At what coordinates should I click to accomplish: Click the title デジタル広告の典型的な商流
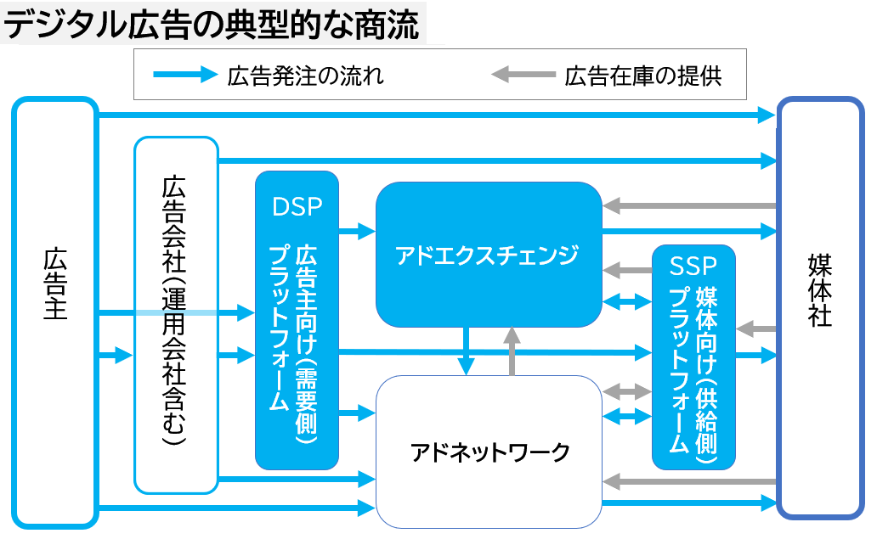click(x=212, y=25)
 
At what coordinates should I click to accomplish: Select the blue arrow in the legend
click(x=184, y=76)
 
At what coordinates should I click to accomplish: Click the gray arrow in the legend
click(x=522, y=76)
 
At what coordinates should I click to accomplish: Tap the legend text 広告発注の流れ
click(x=305, y=76)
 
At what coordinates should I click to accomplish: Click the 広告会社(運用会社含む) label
click(x=175, y=310)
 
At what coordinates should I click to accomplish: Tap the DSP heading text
click(x=297, y=206)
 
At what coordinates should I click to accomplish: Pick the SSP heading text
click(x=693, y=266)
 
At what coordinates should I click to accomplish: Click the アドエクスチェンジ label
click(x=488, y=255)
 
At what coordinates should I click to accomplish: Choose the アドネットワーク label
click(x=489, y=452)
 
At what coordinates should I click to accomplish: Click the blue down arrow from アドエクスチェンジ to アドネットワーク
click(x=466, y=350)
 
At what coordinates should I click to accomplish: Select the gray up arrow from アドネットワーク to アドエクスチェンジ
click(x=512, y=350)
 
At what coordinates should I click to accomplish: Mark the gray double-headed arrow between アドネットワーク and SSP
click(x=626, y=391)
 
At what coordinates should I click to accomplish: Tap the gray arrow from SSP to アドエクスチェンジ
click(x=626, y=271)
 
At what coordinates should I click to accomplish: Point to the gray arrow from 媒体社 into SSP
click(x=756, y=328)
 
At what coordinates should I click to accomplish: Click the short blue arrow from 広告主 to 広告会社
click(x=116, y=355)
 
